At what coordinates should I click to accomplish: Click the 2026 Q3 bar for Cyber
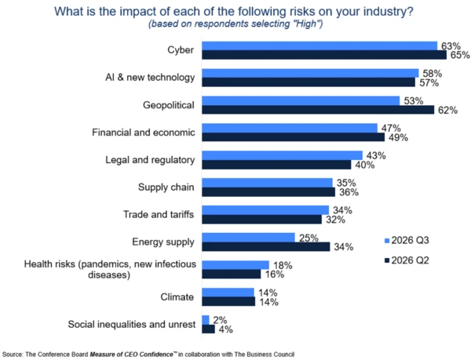click(x=319, y=46)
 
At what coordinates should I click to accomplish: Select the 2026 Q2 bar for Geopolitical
click(x=318, y=110)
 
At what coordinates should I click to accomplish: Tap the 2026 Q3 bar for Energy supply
click(x=248, y=238)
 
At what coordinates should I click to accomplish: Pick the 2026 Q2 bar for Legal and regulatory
click(x=276, y=165)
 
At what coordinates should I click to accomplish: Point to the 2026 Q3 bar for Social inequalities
click(x=206, y=320)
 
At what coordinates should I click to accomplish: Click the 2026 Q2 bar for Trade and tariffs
click(x=261, y=220)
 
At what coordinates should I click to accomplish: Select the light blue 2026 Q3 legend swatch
click(x=387, y=241)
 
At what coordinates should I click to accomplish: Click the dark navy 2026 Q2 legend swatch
click(x=387, y=260)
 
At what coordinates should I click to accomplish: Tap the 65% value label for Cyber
click(x=460, y=55)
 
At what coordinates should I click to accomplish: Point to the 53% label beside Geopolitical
click(x=414, y=101)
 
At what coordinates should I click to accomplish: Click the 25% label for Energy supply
click(x=309, y=238)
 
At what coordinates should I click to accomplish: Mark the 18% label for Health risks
click(x=283, y=265)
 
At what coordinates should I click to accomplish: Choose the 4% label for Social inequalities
click(x=225, y=329)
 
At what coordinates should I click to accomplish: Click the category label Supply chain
click(x=166, y=187)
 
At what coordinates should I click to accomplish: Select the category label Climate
click(x=177, y=297)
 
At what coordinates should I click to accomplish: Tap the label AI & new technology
click(x=150, y=78)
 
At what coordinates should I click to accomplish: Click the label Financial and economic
click(x=144, y=133)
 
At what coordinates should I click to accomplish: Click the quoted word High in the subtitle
click(x=306, y=24)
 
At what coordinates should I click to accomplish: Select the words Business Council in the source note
click(x=270, y=355)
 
